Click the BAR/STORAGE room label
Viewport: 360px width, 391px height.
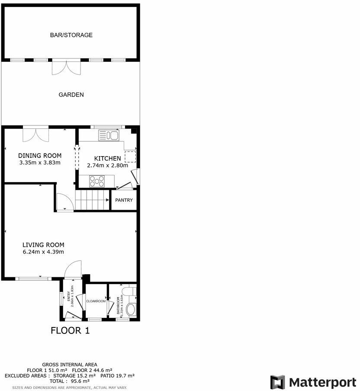(71, 35)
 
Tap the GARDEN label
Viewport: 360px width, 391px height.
(71, 95)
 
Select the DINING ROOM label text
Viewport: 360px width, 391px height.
(39, 156)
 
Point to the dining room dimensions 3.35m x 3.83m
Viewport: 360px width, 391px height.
(39, 163)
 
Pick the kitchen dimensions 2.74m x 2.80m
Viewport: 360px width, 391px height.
(107, 166)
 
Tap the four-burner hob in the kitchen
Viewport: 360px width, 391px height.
(97, 181)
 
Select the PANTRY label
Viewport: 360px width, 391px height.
(124, 200)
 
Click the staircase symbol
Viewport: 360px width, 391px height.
(93, 201)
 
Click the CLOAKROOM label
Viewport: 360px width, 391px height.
(96, 301)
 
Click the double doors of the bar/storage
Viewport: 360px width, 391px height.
(66, 67)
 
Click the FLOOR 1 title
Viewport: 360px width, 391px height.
(71, 331)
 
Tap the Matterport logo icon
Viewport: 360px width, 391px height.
(277, 382)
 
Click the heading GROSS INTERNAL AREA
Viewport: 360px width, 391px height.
(70, 365)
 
